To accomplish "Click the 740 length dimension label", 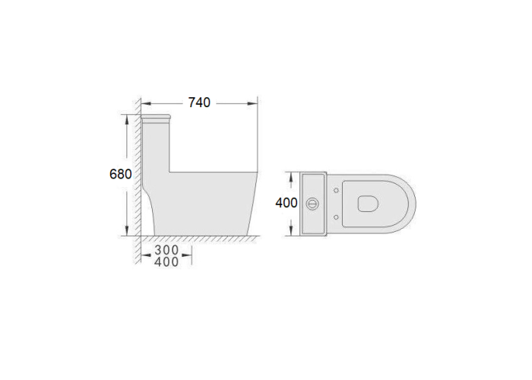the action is pyautogui.click(x=199, y=103).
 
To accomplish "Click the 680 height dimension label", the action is pyautogui.click(x=120, y=174).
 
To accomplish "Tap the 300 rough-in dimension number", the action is pyautogui.click(x=166, y=250).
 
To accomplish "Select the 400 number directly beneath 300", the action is pyautogui.click(x=166, y=262).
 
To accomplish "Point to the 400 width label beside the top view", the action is pyautogui.click(x=287, y=203).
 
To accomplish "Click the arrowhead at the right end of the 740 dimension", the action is pyautogui.click(x=252, y=103).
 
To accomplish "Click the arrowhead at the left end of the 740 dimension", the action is pyautogui.click(x=146, y=103).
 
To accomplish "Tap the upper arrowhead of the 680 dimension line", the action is pyautogui.click(x=127, y=120).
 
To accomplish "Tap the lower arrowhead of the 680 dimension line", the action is pyautogui.click(x=127, y=230).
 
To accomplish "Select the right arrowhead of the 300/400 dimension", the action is pyautogui.click(x=187, y=255).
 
